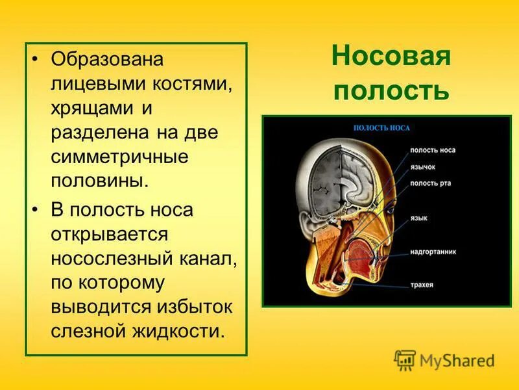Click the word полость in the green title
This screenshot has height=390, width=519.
pyautogui.click(x=391, y=90)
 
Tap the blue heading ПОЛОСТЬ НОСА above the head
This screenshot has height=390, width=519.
pyautogui.click(x=381, y=128)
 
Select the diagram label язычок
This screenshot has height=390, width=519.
pyautogui.click(x=423, y=166)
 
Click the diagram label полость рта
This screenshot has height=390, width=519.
pyautogui.click(x=430, y=183)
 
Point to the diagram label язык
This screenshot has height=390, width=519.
pyautogui.click(x=418, y=219)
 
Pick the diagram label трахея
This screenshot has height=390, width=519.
pyautogui.click(x=421, y=284)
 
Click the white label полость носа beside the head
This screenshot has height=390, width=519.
pyautogui.click(x=432, y=150)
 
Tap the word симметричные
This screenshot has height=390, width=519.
pyautogui.click(x=120, y=156)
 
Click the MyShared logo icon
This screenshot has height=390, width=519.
pyautogui.click(x=404, y=359)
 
